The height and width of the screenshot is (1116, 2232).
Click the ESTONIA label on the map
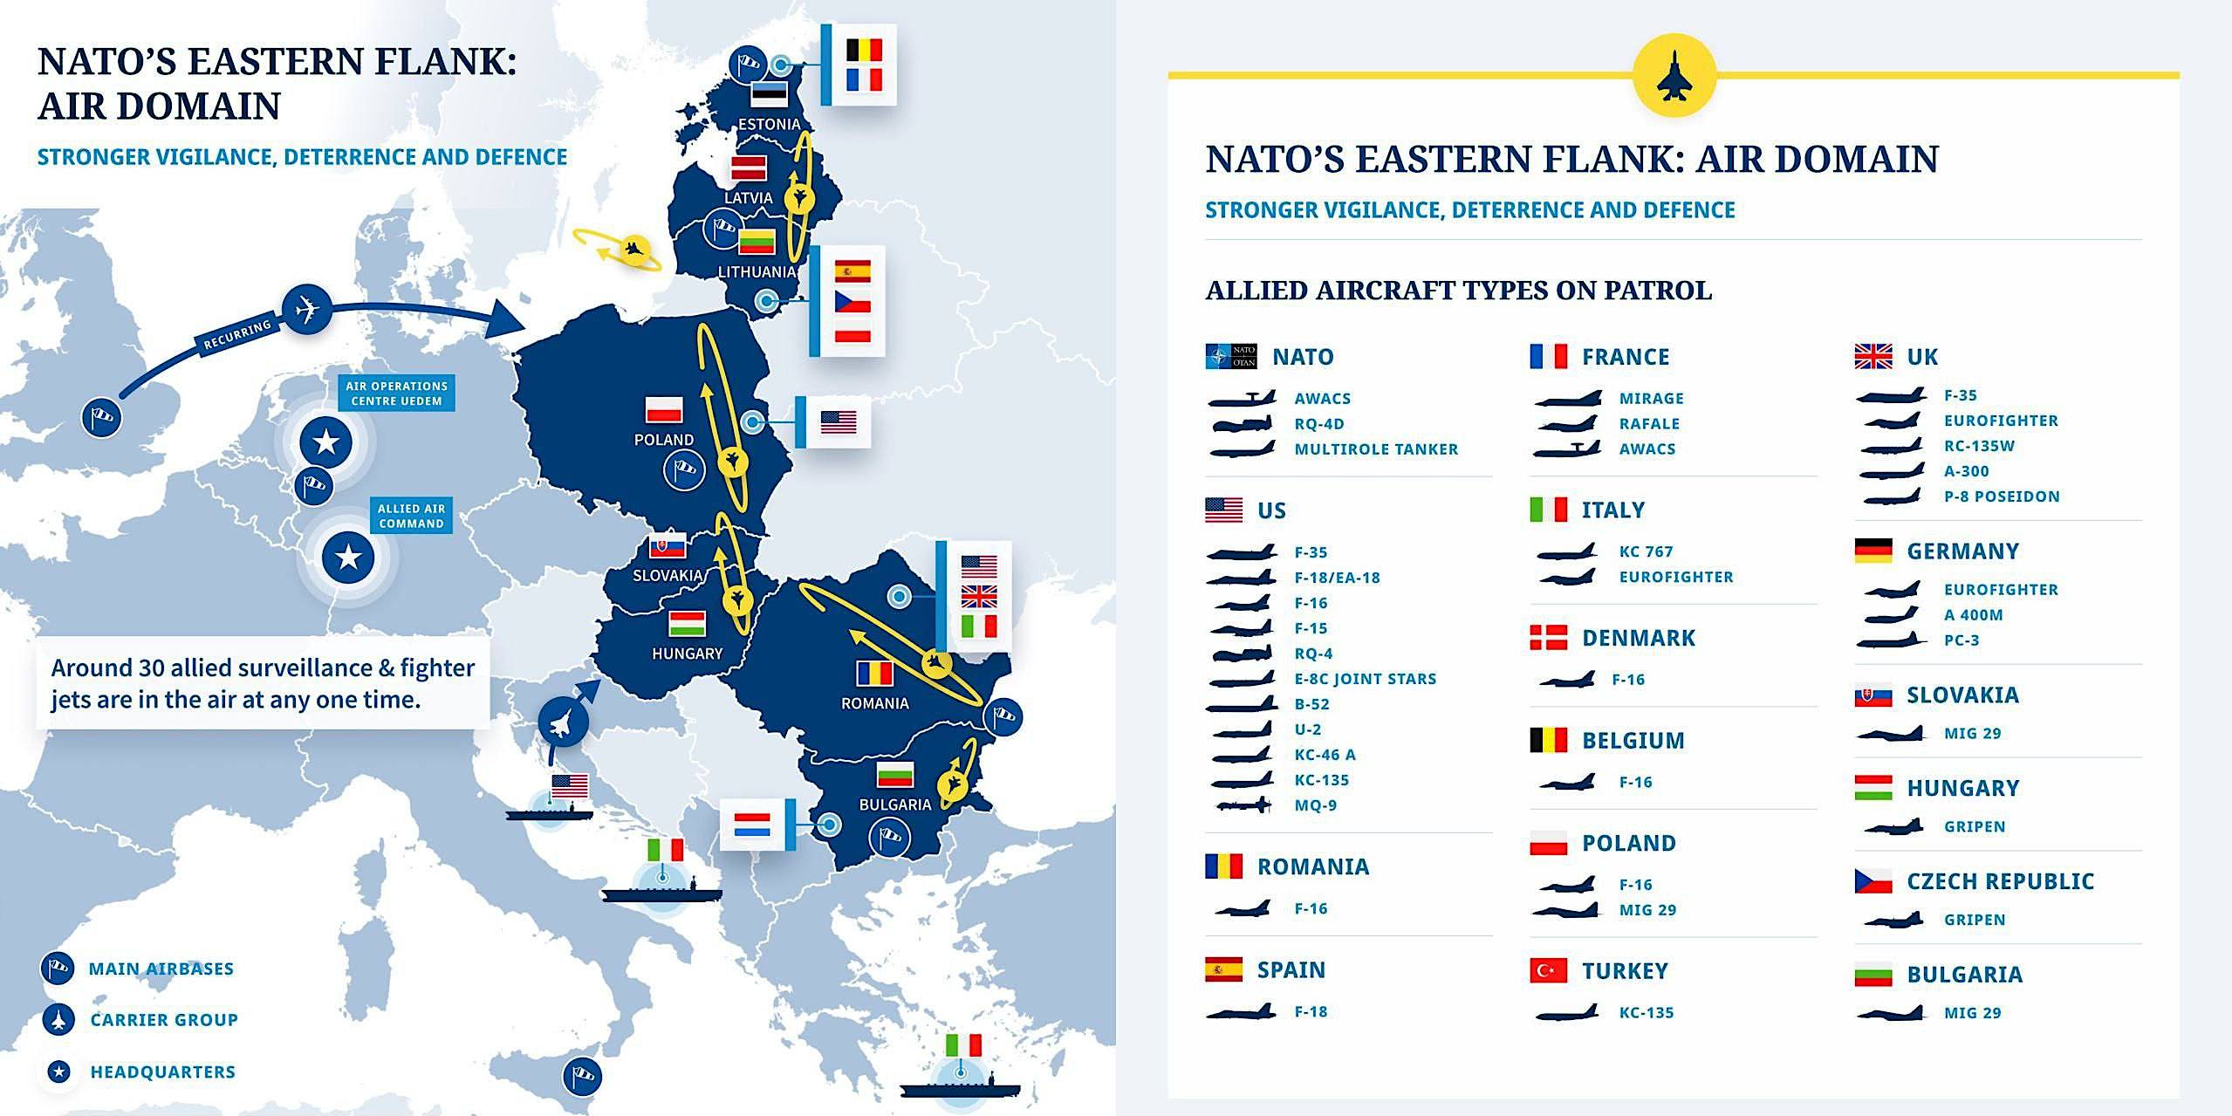click(x=769, y=124)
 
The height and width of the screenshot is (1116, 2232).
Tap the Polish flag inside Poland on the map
click(x=664, y=408)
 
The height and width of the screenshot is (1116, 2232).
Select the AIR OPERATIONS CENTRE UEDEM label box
click(x=397, y=393)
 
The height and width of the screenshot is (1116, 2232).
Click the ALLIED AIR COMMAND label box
click(x=411, y=516)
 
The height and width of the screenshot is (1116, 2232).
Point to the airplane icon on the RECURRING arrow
click(x=306, y=309)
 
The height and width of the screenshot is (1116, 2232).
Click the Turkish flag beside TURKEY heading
click(x=1548, y=970)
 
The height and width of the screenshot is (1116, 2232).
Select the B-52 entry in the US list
click(x=1311, y=704)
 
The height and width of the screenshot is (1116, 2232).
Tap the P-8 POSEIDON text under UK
click(x=2001, y=496)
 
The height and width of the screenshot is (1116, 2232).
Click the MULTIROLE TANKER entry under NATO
click(x=1375, y=449)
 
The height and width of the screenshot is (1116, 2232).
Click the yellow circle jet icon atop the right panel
click(x=1674, y=75)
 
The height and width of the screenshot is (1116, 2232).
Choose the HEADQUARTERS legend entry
click(x=162, y=1071)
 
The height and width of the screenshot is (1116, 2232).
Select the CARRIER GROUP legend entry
click(x=163, y=1019)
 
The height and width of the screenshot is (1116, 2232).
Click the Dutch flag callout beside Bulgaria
click(x=751, y=825)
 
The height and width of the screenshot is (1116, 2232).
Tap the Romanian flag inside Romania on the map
click(x=874, y=674)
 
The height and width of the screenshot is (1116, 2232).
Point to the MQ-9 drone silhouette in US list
click(x=1243, y=805)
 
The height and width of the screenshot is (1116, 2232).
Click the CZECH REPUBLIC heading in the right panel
click(x=2000, y=881)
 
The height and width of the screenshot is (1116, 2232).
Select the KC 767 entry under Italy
click(x=1646, y=551)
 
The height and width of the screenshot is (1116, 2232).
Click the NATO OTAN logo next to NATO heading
click(x=1230, y=356)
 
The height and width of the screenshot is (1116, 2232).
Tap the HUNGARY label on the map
click(x=687, y=653)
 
